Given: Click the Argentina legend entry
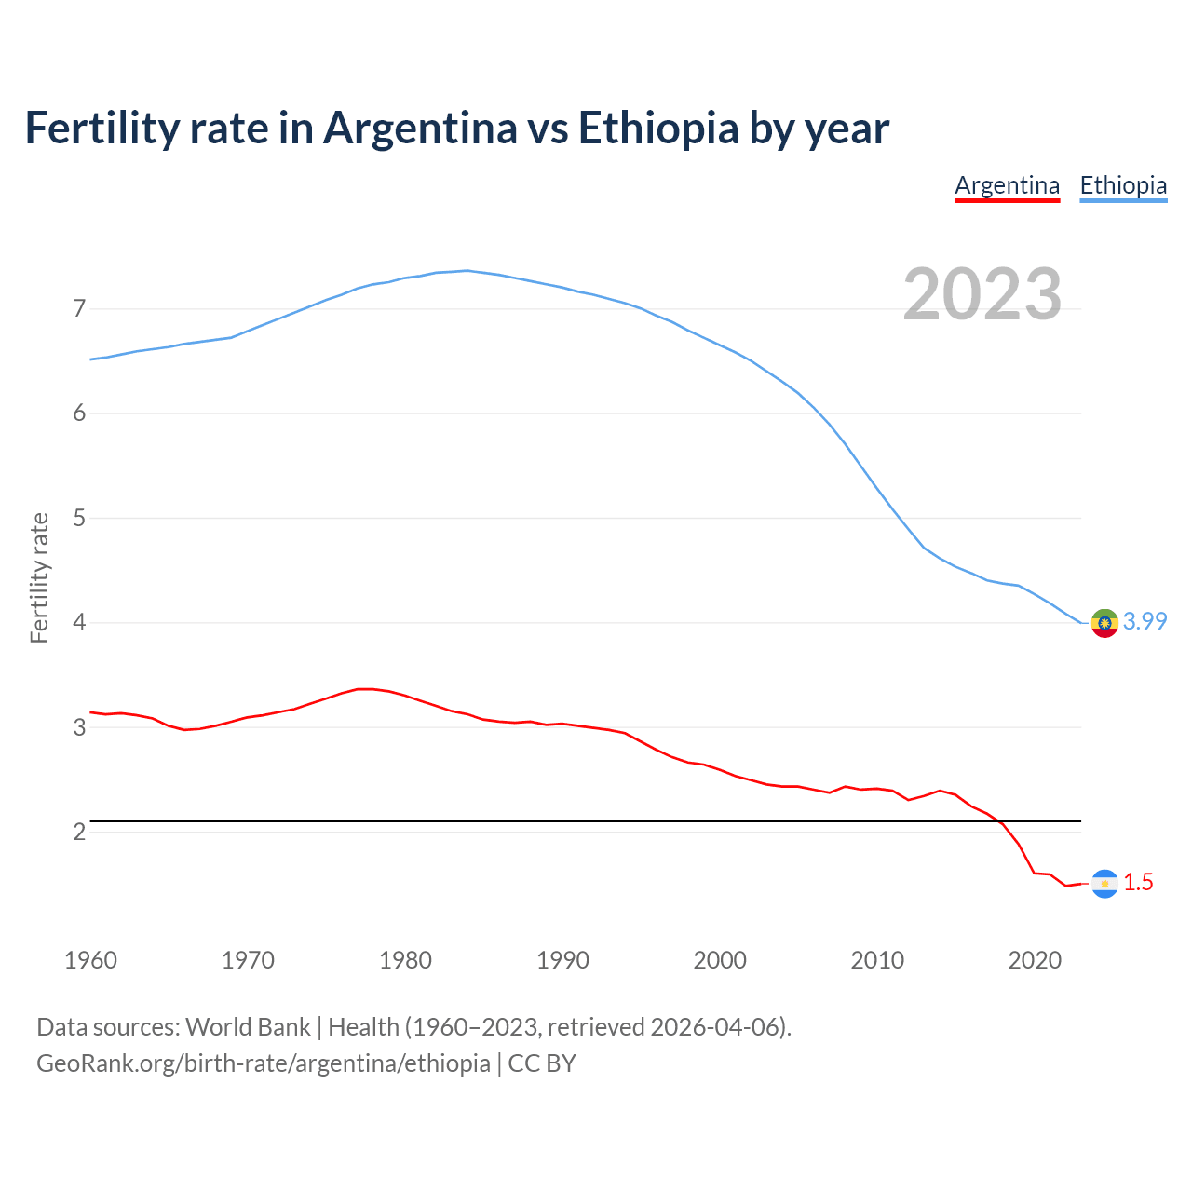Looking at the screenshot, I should tap(1007, 185).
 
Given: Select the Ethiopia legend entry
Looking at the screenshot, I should tap(1123, 185).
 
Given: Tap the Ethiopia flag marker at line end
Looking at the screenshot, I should tap(1104, 623).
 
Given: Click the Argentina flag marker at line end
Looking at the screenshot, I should tap(1104, 883).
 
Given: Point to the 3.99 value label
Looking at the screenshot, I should tap(1145, 621).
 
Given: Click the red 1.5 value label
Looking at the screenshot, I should tap(1138, 882).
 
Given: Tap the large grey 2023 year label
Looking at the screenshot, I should tap(982, 294).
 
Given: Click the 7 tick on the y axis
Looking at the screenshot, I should tap(79, 308).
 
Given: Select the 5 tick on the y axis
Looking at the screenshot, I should tap(79, 518).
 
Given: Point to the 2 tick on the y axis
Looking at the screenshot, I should tap(79, 832).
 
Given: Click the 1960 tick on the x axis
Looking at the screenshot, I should tap(90, 960).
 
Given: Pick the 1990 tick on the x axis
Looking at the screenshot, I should tap(562, 960).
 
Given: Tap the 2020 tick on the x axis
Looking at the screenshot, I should tap(1035, 960).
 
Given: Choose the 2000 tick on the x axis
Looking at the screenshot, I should tap(720, 960).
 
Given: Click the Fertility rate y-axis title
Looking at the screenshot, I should tap(39, 577).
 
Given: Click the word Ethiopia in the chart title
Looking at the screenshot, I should tap(658, 128).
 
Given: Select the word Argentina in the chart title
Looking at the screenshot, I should tap(420, 128).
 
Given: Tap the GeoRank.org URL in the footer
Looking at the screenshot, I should tap(264, 1063).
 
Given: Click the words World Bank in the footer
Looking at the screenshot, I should tap(248, 1026).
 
